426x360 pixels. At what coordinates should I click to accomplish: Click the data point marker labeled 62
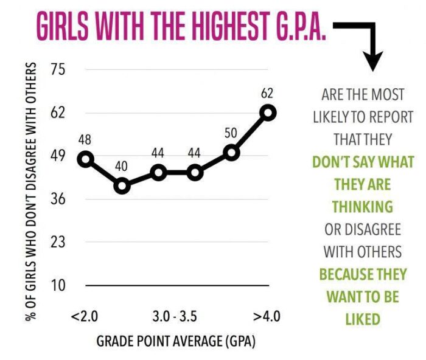coord(268,112)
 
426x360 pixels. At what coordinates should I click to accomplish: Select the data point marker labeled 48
coord(86,159)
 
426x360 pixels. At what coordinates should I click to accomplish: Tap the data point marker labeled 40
coord(122,185)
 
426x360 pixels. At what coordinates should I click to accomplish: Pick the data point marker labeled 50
coord(231,153)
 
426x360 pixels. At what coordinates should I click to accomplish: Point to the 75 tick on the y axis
coord(58,70)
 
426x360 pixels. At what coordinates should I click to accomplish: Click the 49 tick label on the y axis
coord(58,156)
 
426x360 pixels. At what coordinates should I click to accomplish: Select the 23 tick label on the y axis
coord(58,242)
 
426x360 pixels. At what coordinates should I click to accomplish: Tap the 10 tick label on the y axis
coord(58,285)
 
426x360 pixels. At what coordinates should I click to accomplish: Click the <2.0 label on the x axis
coord(85,317)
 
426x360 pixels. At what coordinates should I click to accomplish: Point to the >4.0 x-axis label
coord(267,317)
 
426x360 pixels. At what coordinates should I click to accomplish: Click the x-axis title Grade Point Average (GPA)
coord(176,342)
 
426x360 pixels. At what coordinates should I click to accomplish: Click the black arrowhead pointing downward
coord(373,60)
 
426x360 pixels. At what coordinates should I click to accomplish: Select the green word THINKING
coord(363,207)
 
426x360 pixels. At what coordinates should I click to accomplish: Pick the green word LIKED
coord(363,319)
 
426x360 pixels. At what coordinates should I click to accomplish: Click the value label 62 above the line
coord(267,94)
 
